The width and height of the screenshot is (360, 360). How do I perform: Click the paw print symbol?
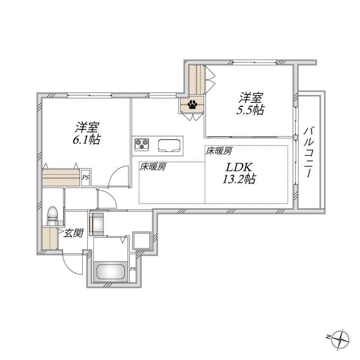pos(192,105)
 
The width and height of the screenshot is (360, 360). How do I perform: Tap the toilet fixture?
pos(52,216)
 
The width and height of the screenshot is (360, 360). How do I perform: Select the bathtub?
pos(110,272)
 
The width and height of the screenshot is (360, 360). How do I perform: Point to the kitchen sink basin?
pos(169,145)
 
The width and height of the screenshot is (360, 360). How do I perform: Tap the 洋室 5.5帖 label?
pos(250,103)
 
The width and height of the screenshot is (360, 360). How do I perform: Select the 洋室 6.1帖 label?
pos(87,134)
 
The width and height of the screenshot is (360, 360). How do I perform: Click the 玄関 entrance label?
pos(73,233)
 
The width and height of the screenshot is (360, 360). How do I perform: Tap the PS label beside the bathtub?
pos(133,269)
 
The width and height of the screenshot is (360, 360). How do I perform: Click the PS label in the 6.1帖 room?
pos(85,177)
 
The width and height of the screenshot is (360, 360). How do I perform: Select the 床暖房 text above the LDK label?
pos(218,151)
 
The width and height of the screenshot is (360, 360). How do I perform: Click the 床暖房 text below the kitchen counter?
pos(152,167)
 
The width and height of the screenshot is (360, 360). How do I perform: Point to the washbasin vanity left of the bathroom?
pos(96,224)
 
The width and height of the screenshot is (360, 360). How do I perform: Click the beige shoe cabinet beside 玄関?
pos(50,238)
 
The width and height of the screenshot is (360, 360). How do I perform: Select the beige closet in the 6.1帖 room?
pos(61,178)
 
